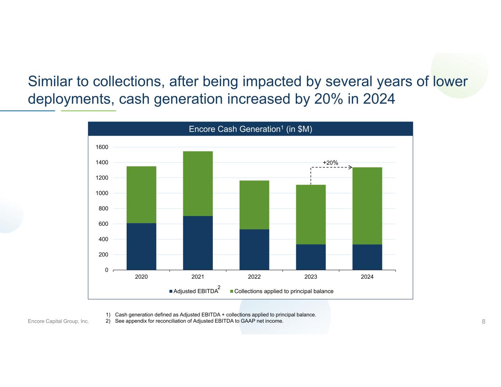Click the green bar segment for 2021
click(x=198, y=183)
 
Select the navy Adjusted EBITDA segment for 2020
click(x=141, y=247)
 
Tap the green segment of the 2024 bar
click(x=367, y=206)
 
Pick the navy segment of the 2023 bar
click(x=311, y=257)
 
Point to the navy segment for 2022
click(x=254, y=249)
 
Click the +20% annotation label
click(x=330, y=163)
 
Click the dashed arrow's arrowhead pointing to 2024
click(x=351, y=167)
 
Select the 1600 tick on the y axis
click(x=102, y=147)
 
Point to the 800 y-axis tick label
click(x=103, y=208)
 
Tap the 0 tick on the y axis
click(x=106, y=270)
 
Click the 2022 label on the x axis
click(x=254, y=277)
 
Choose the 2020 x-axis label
click(x=141, y=277)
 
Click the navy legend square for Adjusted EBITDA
click(x=171, y=291)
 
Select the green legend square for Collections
click(x=232, y=291)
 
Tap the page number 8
click(x=483, y=321)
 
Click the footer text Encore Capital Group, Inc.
click(x=58, y=321)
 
